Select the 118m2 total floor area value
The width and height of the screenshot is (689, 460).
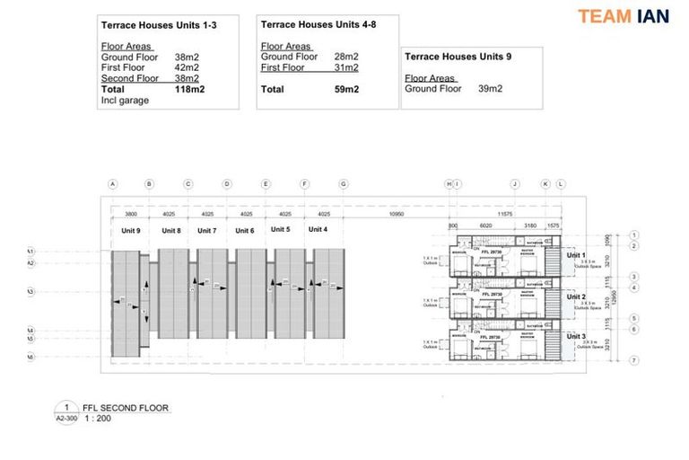point(188,90)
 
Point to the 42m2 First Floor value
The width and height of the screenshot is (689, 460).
point(187,68)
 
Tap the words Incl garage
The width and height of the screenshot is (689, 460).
point(126,101)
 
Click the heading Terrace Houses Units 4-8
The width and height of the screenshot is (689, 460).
point(318,25)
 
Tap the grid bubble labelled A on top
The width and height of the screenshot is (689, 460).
point(113,184)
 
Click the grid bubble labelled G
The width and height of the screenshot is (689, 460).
point(344,184)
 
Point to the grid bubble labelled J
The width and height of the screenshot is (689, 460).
point(515,184)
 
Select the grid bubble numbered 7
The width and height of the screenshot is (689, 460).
point(633,360)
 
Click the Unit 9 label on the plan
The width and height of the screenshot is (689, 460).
point(132,231)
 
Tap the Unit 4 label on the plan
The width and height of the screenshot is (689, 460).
point(318,229)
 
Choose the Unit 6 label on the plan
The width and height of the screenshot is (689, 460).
point(245,231)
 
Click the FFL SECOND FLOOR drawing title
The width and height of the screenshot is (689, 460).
point(126,408)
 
